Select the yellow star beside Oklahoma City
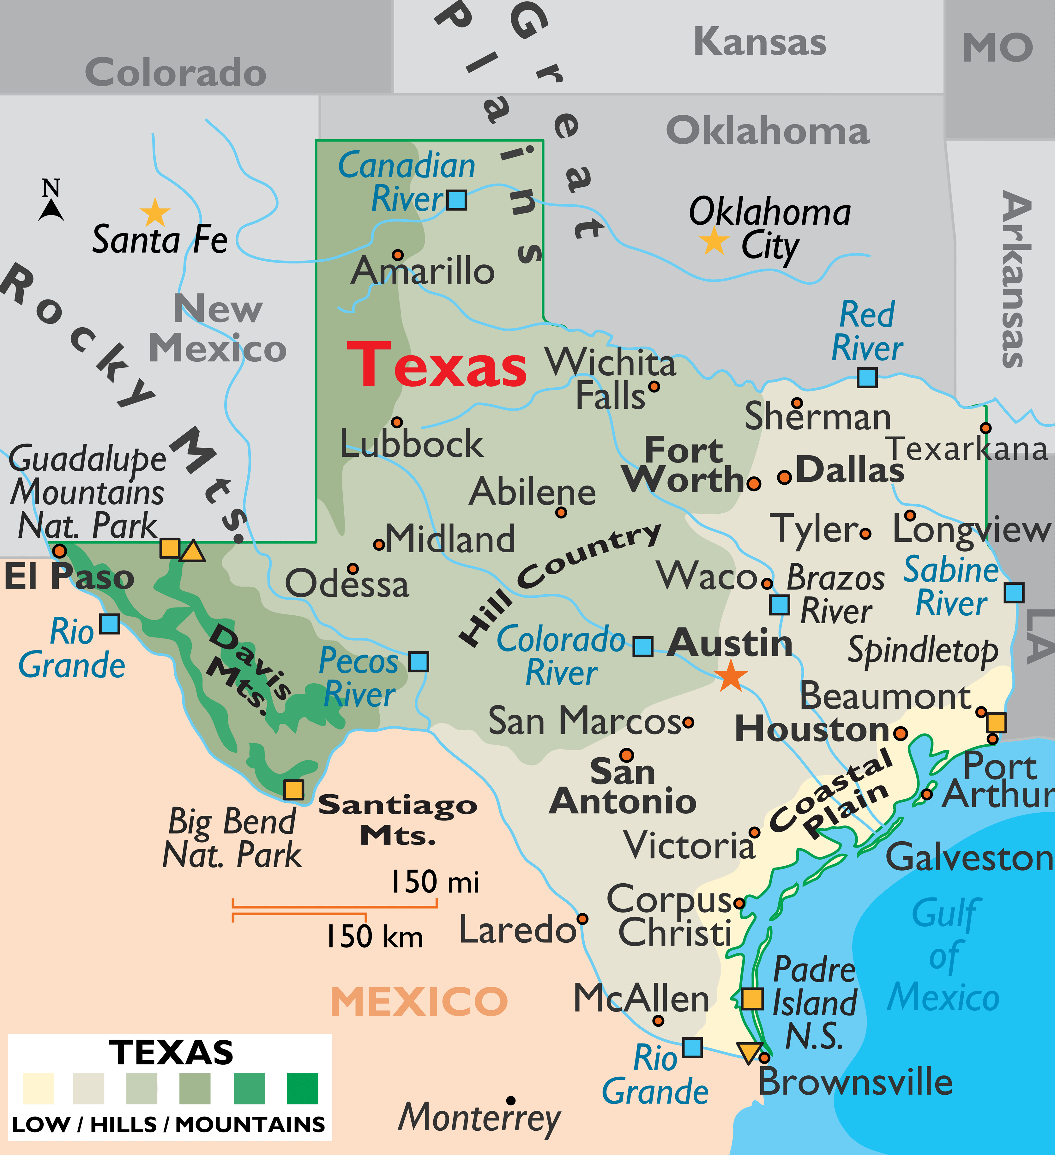point(714,241)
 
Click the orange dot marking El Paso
point(60,551)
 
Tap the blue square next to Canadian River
point(456,200)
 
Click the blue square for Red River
point(867,378)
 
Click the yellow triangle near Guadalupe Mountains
point(192,551)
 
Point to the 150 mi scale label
point(435,882)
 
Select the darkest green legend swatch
point(302,1089)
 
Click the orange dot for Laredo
point(582,919)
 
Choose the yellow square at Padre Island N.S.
point(752,999)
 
